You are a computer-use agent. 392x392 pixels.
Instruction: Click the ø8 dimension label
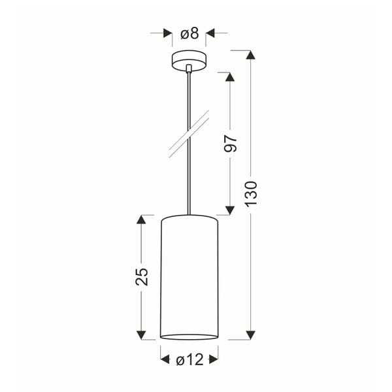189,33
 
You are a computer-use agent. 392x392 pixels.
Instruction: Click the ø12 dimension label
189,359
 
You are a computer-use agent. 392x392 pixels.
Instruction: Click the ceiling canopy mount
189,59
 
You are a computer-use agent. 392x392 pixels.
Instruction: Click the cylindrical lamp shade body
189,274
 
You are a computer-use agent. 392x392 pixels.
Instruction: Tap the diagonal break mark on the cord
189,134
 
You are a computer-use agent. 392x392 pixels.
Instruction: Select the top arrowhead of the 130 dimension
250,56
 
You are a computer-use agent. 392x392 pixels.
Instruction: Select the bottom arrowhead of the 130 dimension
250,335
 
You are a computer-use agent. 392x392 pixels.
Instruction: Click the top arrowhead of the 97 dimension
229,76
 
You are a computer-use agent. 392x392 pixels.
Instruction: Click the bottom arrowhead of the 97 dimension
229,210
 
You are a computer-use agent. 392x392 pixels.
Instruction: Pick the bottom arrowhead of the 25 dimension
141,335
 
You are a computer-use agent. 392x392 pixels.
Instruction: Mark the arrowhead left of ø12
165,359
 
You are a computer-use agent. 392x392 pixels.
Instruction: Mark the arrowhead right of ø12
214,359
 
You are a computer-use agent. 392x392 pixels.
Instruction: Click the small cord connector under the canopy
189,67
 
